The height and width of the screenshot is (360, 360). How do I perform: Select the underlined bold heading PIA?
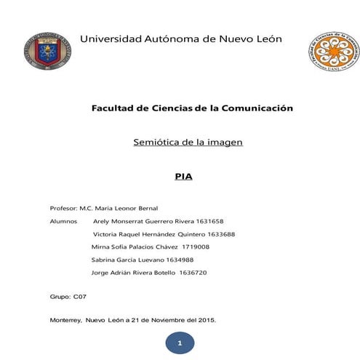tap(183, 176)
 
